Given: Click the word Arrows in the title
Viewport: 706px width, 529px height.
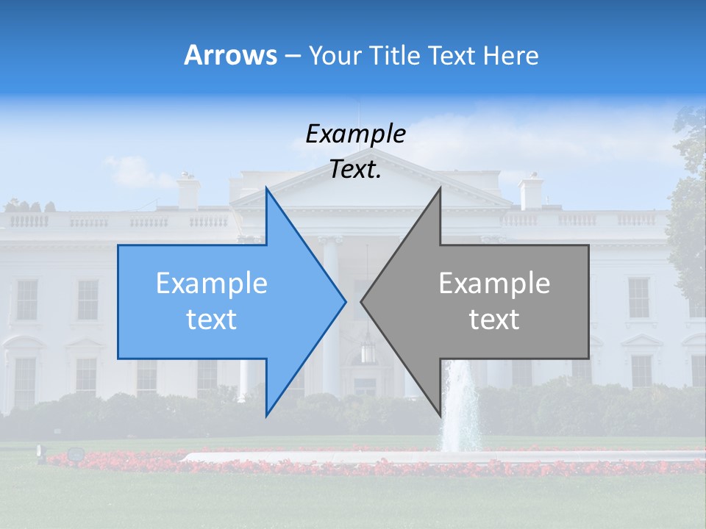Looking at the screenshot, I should (230, 55).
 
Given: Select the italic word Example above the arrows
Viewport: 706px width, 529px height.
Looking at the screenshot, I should (355, 134).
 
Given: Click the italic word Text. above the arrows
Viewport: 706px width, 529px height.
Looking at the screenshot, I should (355, 170).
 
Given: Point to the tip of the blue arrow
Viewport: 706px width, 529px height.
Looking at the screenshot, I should (346, 301).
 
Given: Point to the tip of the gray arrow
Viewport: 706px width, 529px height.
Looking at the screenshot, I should (361, 301).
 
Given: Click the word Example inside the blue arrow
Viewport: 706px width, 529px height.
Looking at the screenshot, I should (212, 284).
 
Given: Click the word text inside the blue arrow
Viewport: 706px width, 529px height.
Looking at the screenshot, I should (212, 320).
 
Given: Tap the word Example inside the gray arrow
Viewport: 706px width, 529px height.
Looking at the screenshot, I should (494, 284).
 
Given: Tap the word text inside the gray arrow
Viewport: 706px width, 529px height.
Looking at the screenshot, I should (494, 320).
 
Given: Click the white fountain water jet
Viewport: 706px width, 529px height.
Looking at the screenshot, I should (460, 404).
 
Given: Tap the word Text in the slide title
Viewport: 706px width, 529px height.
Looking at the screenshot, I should (453, 55).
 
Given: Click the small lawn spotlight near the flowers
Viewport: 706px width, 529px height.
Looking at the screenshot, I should (74, 454).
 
